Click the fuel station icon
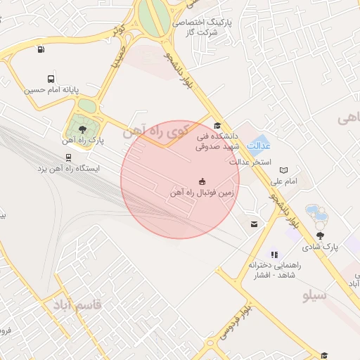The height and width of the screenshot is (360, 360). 41,49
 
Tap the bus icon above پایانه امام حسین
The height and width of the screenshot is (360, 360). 51,79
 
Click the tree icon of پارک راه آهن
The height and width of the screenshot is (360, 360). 84,129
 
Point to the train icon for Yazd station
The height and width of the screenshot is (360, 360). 67,157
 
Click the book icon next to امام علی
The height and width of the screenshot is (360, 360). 283,170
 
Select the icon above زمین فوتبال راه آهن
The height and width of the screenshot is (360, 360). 203,180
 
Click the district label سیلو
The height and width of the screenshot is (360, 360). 314,295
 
